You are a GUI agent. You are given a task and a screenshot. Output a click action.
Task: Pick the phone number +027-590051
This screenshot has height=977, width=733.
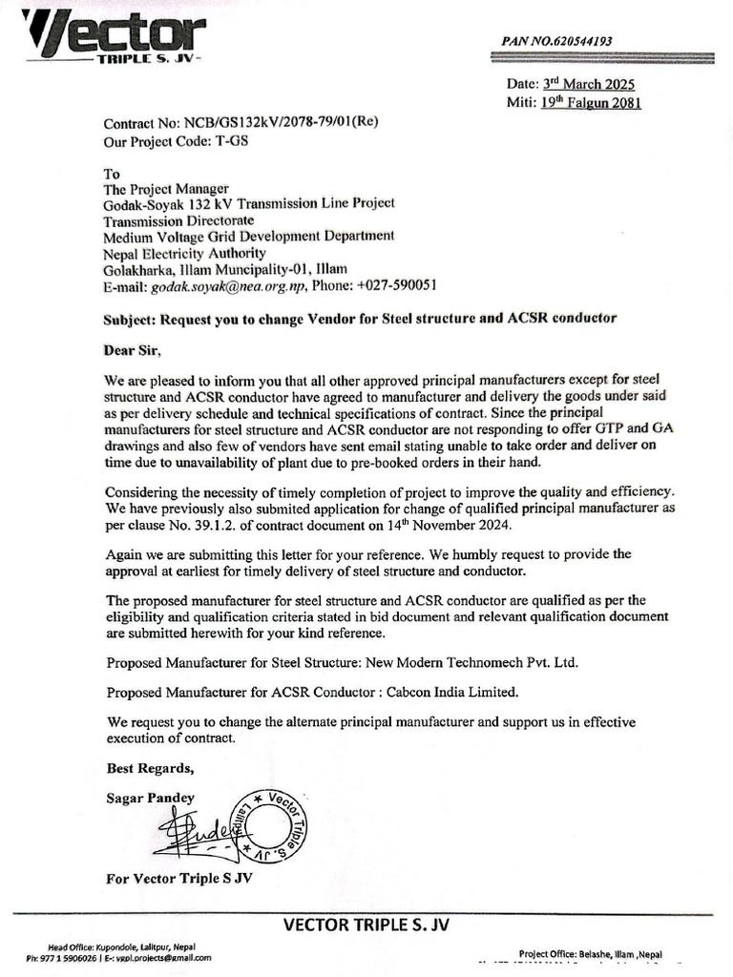396,285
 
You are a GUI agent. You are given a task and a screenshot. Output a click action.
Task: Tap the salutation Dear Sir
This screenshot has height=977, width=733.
133,350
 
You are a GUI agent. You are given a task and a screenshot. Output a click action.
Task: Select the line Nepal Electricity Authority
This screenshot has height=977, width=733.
184,253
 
